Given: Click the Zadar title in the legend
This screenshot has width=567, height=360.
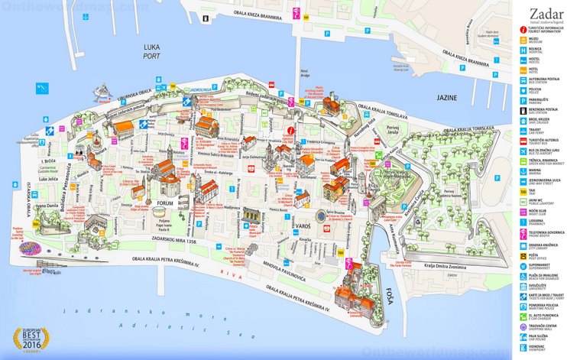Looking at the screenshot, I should click(x=539, y=11).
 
